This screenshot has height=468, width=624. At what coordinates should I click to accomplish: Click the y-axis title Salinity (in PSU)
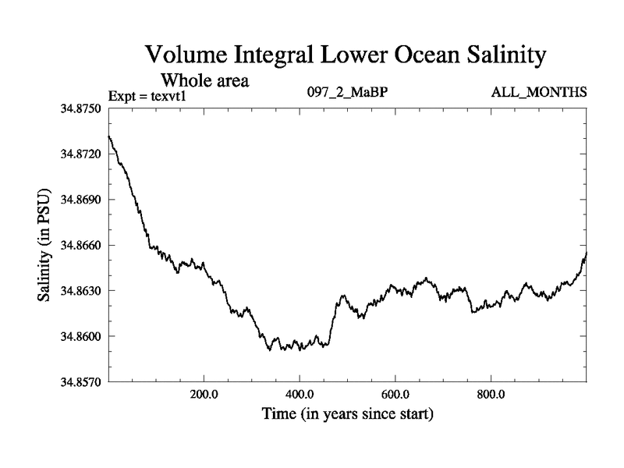pos(45,245)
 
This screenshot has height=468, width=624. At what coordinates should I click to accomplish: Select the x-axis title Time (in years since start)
pos(347,413)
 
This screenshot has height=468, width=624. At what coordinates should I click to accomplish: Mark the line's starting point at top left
pos(109,136)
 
